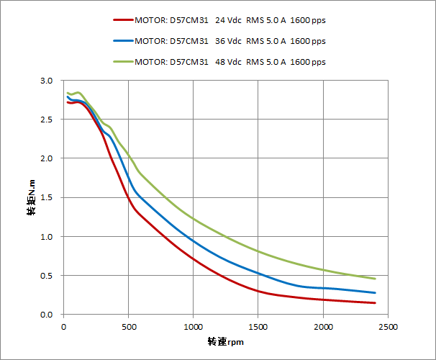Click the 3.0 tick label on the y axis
coord(47,81)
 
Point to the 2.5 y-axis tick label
coord(47,120)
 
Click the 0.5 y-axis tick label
coord(47,276)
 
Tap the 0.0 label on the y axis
coord(47,315)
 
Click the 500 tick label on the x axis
coord(129,327)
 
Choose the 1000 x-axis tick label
coord(194,327)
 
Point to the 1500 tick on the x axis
coord(258,327)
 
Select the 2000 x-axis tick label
coord(323,327)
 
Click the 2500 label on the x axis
coord(388,327)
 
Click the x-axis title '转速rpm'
coord(225,341)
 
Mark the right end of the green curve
coord(375,279)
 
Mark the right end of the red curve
coord(375,303)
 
